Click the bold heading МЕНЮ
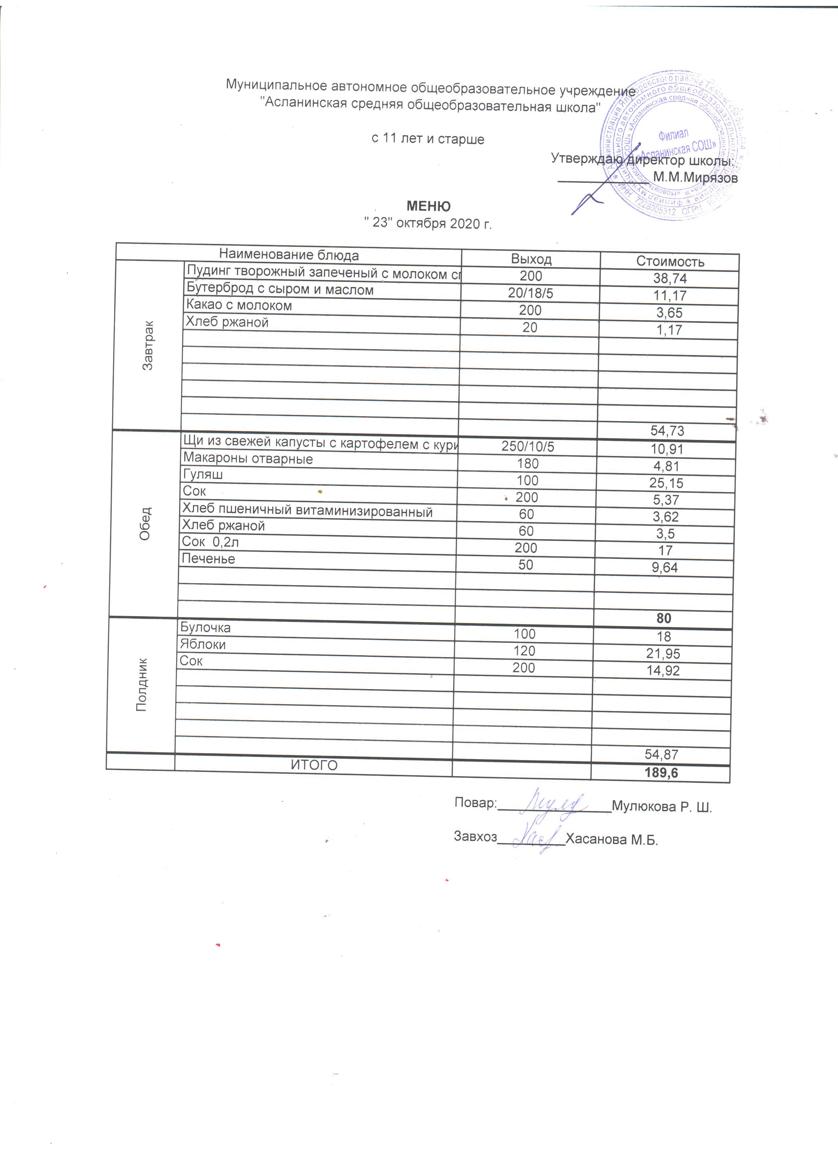pyautogui.click(x=428, y=206)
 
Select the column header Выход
pyautogui.click(x=531, y=259)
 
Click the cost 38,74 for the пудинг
pyautogui.click(x=670, y=278)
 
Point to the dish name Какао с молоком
pyautogui.click(x=239, y=305)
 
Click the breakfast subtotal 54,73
pyautogui.click(x=667, y=431)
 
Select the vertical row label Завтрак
pyautogui.click(x=148, y=345)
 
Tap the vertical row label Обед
pyautogui.click(x=145, y=523)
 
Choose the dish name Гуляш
pyautogui.click(x=203, y=474)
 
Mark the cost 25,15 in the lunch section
pyautogui.click(x=666, y=483)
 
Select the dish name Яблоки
pyautogui.click(x=203, y=644)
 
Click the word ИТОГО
pyautogui.click(x=314, y=765)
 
